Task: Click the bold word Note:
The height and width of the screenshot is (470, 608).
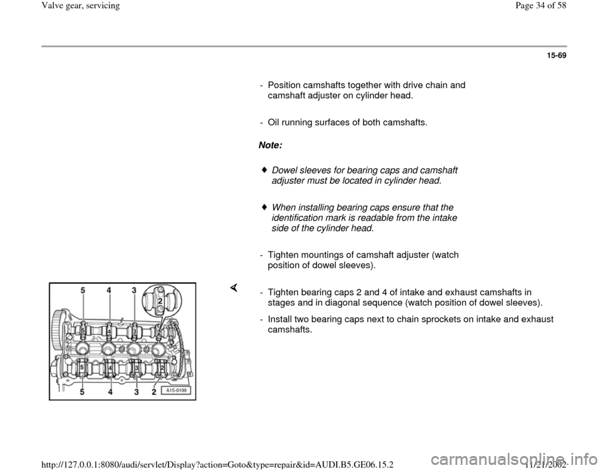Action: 270,146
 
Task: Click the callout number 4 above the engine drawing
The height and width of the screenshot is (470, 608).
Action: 109,291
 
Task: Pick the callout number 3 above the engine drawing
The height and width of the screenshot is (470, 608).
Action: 134,291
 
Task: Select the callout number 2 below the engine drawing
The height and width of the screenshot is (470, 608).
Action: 154,393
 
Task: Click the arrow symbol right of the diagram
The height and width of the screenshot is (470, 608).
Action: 233,289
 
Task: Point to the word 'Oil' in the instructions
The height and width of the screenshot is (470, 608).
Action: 274,122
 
